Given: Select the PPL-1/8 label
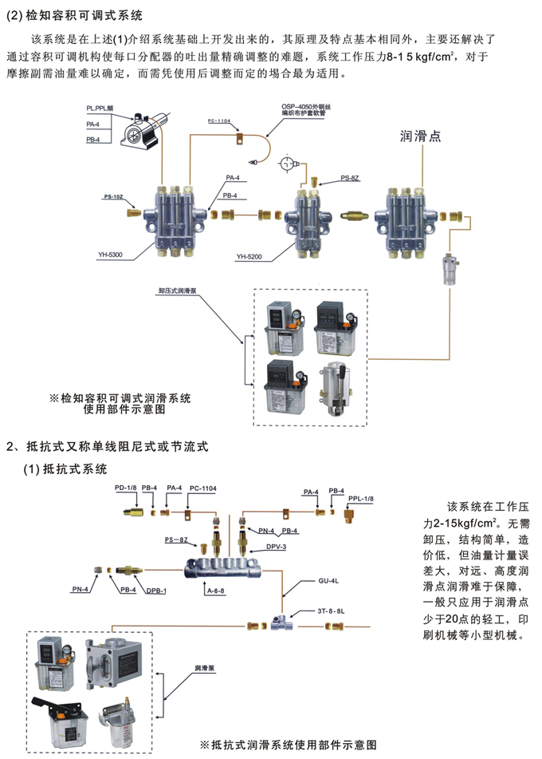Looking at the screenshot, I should pyautogui.click(x=359, y=498).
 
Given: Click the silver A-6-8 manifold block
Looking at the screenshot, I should pyautogui.click(x=222, y=567).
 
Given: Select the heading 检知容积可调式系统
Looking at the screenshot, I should pyautogui.click(x=79, y=15).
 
